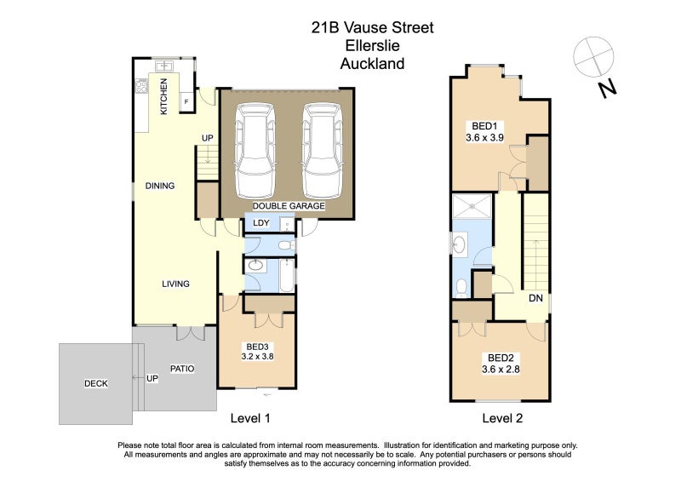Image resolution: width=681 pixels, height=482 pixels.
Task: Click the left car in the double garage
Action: click(x=255, y=151)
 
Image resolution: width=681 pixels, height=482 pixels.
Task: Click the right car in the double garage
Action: click(x=323, y=151)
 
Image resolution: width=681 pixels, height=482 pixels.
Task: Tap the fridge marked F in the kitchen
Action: click(x=186, y=101)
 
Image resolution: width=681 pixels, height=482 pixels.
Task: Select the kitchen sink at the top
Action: click(x=164, y=66)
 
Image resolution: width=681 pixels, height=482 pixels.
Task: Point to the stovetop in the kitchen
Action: click(x=141, y=86)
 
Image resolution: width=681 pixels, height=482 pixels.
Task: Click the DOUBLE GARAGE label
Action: click(x=289, y=206)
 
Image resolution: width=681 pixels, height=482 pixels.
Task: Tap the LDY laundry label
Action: click(x=261, y=223)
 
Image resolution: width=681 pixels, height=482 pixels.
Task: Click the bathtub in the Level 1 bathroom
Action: click(x=287, y=276)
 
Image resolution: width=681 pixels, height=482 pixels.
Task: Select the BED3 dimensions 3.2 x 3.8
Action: click(x=258, y=357)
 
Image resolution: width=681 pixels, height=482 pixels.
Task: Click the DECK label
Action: click(x=96, y=383)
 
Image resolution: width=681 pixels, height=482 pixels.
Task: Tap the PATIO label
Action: click(x=182, y=369)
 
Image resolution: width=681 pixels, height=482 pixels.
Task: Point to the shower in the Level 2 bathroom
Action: click(x=472, y=206)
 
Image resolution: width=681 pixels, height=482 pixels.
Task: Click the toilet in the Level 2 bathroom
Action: click(x=461, y=288)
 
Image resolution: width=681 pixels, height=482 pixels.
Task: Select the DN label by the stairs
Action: click(x=536, y=298)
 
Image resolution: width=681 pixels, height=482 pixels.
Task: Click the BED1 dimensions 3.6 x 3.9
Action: click(x=484, y=138)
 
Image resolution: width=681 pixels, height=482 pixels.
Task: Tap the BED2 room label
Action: click(x=501, y=359)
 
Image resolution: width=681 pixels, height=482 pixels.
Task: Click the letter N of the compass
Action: click(x=607, y=89)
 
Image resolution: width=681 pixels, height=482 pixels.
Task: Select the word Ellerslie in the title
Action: click(x=373, y=45)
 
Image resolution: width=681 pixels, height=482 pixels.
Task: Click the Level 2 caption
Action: click(x=502, y=418)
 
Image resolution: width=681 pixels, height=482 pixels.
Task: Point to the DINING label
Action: click(x=160, y=186)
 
